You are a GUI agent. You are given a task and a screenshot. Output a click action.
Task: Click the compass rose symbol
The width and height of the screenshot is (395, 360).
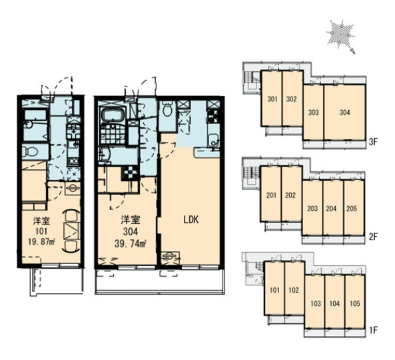point(341,36)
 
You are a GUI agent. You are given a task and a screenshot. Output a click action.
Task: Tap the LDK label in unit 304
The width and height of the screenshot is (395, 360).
point(191,220)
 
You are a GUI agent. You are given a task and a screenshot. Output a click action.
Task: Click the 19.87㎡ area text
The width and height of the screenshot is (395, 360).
point(42,241)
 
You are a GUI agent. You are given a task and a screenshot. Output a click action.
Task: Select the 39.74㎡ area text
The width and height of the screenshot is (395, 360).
point(131,243)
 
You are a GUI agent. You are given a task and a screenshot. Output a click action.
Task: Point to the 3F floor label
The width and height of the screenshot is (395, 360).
point(372,142)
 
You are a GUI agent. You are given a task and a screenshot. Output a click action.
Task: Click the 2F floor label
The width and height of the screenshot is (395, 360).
point(372,237)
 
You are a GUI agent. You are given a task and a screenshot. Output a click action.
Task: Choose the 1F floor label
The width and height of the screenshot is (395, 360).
point(373,330)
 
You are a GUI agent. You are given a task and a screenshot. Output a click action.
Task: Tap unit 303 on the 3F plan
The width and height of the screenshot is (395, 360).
point(313,113)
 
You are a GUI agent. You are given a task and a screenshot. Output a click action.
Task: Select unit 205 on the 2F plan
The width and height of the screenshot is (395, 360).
point(354,208)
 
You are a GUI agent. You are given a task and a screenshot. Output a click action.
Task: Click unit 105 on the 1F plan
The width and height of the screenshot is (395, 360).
point(355,303)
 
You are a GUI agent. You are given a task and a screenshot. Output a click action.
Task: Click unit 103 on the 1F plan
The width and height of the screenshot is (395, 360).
point(315,303)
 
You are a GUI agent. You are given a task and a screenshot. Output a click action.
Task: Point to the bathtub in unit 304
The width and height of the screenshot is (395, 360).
point(113,116)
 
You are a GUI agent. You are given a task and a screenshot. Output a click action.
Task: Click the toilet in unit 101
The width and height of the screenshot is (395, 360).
point(30,151)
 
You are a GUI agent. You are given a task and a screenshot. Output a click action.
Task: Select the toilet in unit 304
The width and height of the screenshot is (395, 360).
point(167,109)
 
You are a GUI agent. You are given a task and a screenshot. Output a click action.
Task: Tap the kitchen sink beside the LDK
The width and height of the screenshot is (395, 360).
point(213,140)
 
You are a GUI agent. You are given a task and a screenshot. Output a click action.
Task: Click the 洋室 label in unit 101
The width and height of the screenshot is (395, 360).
point(42,221)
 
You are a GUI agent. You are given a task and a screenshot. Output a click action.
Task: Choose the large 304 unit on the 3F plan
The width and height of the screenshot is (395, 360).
point(344,113)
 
